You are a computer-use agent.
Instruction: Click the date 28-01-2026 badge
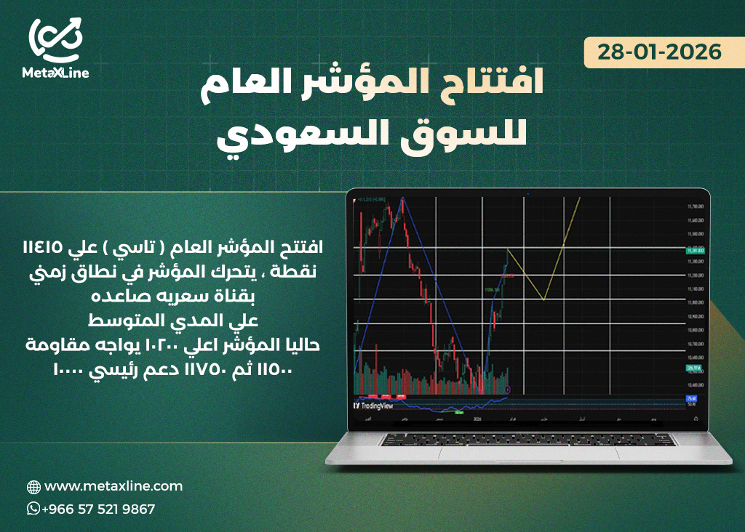659,52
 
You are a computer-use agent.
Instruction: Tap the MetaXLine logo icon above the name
56,39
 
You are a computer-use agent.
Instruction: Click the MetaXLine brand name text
56,73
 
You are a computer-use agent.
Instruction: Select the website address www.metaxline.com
113,486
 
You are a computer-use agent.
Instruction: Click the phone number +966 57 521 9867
99,509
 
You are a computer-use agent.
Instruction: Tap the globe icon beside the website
33,487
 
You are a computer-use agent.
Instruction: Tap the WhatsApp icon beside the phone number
33,509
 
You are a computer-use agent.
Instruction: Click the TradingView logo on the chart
372,406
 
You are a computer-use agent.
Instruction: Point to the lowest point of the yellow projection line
543,299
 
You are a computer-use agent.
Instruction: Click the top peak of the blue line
402,198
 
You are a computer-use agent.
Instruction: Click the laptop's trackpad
529,453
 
